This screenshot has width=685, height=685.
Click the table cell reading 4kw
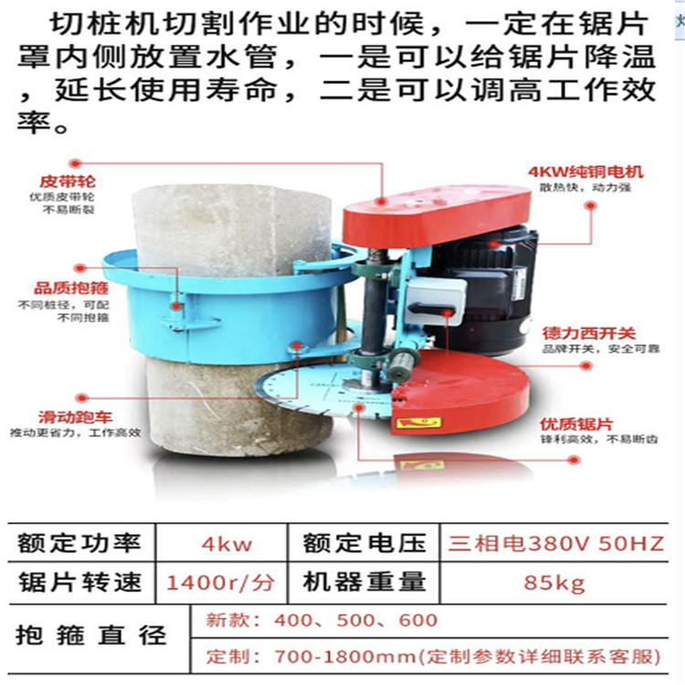pyautogui.click(x=225, y=545)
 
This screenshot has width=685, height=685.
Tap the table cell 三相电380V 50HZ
pyautogui.click(x=555, y=545)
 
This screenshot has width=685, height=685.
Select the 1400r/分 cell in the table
pyautogui.click(x=225, y=582)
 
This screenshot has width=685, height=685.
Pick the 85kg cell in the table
pyautogui.click(x=555, y=582)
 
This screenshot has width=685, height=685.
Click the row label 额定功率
pyautogui.click(x=79, y=545)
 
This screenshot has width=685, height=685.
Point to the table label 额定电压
pyautogui.click(x=364, y=545)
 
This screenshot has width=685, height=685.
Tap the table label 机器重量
pyautogui.click(x=364, y=582)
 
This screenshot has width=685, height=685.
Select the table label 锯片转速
pyautogui.click(x=79, y=582)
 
